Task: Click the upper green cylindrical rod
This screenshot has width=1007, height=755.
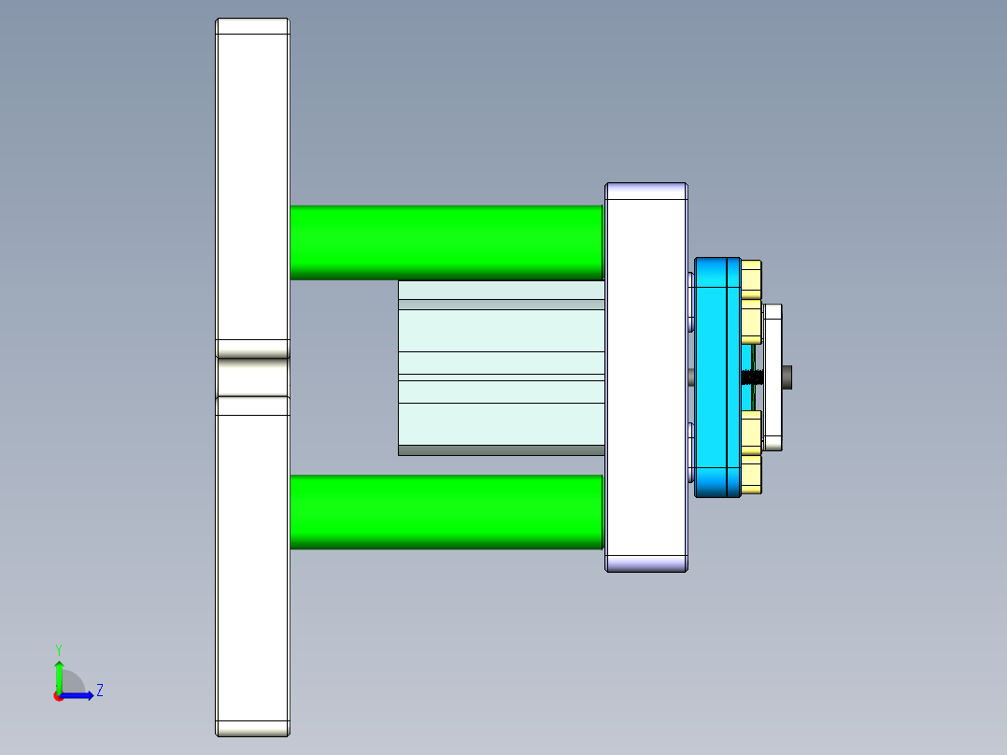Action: pos(446,242)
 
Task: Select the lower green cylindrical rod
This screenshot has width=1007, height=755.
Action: pos(446,511)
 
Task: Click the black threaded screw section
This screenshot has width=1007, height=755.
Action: pos(753,377)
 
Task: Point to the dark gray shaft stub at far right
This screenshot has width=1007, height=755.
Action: pos(790,377)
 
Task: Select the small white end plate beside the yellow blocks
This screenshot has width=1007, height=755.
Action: pos(773,377)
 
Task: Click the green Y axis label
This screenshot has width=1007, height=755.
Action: pos(58,648)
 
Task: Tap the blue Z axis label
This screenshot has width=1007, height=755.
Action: pos(99,691)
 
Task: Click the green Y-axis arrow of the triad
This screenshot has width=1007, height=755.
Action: pos(59,676)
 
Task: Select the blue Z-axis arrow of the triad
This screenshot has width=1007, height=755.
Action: pos(79,695)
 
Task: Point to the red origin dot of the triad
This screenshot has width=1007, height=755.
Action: pos(58,696)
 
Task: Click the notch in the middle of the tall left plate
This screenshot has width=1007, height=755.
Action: pos(252,377)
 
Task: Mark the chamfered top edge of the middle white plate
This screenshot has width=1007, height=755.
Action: pos(646,191)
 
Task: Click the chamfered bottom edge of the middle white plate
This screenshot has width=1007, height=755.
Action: pos(646,563)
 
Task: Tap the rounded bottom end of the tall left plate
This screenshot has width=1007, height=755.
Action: pos(252,728)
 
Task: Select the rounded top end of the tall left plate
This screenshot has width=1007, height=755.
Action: pos(252,26)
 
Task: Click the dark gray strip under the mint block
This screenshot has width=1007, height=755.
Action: pos(501,450)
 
